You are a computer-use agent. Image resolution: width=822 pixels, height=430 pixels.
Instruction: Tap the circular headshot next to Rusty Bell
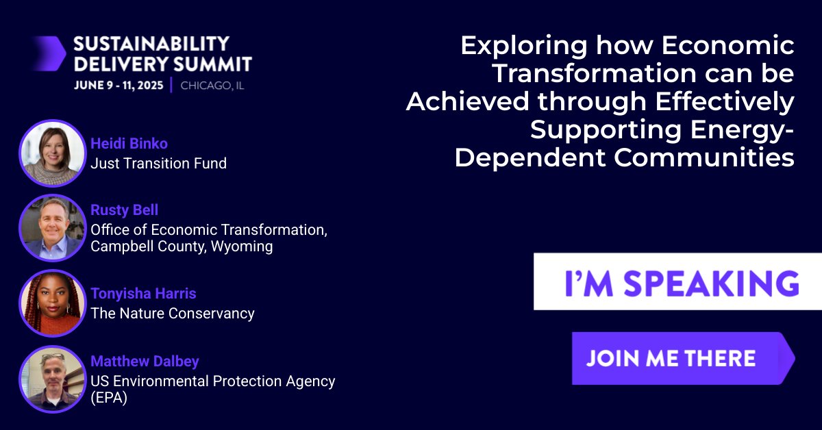(x=51, y=227)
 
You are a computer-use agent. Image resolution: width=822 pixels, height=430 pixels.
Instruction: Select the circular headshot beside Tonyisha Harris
(x=51, y=303)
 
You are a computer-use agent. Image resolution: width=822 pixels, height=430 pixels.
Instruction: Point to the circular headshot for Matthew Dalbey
(x=51, y=379)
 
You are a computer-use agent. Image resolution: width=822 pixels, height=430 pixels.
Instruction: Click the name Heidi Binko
(x=129, y=144)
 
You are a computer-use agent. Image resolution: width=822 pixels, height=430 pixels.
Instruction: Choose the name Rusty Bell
(x=124, y=210)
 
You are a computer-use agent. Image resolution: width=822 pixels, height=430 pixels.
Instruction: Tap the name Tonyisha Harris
(x=143, y=294)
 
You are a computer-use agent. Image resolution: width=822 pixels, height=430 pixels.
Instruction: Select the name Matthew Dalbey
(x=145, y=362)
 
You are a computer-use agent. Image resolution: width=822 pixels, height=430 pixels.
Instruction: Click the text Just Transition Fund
(x=158, y=163)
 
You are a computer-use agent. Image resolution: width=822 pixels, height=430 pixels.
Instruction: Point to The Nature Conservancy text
(x=172, y=314)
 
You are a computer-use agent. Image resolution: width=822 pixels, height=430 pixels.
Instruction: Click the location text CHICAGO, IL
(x=212, y=86)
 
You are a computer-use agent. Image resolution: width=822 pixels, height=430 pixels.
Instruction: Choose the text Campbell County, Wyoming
(x=182, y=246)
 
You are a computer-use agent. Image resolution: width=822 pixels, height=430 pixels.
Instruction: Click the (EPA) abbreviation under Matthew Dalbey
(x=109, y=397)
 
